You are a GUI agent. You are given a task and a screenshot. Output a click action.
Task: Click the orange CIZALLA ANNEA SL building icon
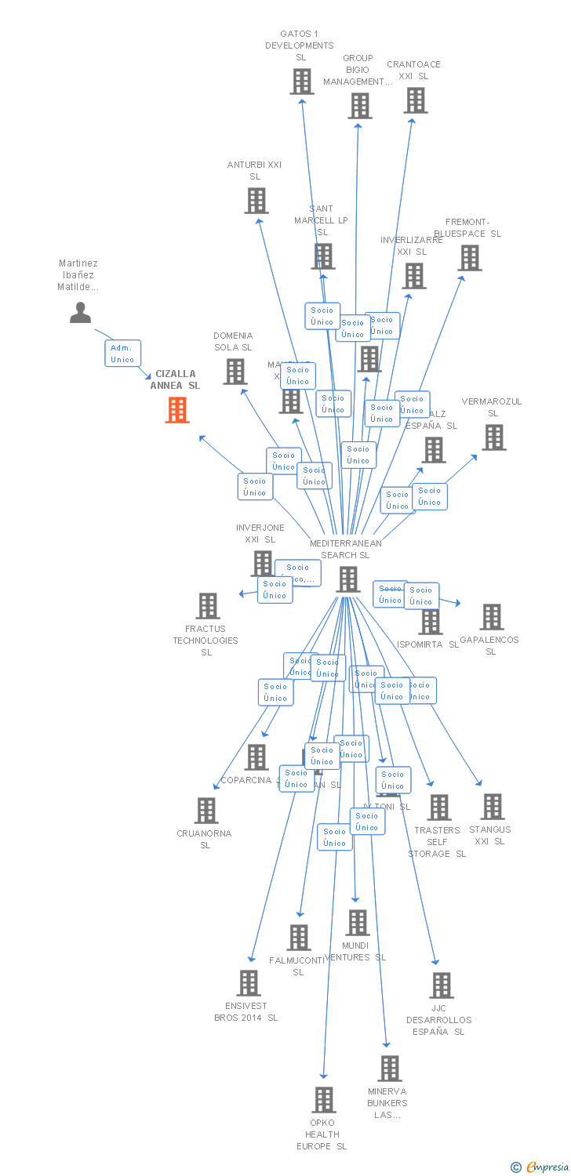point(178,409)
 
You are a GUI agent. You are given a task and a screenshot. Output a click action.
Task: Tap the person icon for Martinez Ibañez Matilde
point(80,312)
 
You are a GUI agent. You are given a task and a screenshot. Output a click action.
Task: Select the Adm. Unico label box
point(122,354)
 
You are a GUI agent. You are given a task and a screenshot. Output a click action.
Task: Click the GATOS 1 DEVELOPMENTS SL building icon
point(302,82)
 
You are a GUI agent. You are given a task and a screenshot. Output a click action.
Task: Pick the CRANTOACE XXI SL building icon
point(416,100)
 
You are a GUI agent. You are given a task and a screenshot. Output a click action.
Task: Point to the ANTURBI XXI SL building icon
point(256,201)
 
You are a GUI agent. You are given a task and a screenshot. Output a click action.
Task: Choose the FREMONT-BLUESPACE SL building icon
point(470,258)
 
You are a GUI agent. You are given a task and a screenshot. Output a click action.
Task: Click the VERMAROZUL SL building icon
point(494,437)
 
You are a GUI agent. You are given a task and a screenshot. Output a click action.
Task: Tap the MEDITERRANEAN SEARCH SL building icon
point(348,579)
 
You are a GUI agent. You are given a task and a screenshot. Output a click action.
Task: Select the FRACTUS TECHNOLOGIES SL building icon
point(208,606)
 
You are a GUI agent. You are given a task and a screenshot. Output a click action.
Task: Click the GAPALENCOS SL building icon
point(492,617)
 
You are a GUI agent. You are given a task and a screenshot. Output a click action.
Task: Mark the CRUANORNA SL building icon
point(206,811)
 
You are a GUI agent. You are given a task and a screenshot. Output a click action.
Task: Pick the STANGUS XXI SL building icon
point(493,807)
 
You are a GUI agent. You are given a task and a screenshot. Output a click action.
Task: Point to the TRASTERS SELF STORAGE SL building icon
point(439,808)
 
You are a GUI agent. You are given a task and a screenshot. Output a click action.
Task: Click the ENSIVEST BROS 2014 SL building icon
point(249,983)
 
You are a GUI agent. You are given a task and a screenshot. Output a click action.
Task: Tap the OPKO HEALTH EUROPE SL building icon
point(324,1100)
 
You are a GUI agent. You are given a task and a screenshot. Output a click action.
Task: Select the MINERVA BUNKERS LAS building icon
point(390,1069)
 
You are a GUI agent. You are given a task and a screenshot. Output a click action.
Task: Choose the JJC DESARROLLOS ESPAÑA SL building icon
point(442,985)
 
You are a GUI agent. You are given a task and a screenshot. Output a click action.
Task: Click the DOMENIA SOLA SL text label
point(233,342)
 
